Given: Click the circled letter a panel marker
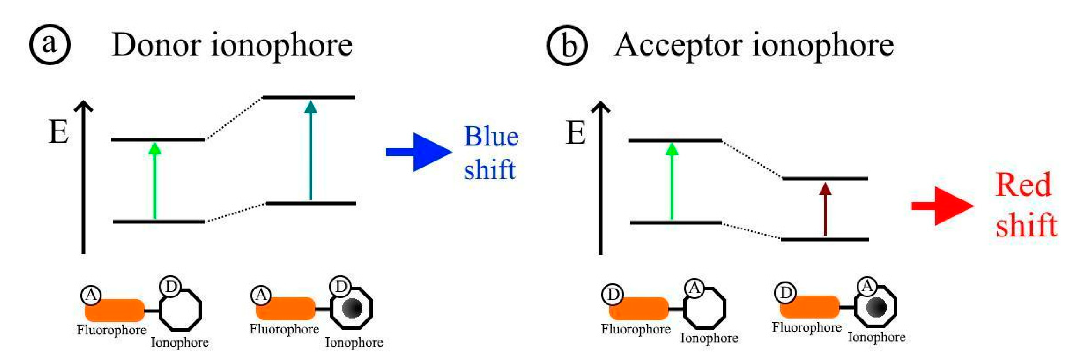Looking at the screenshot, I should [x=50, y=44].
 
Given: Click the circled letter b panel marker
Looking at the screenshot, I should [x=566, y=45].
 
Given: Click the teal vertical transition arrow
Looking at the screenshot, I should [x=310, y=150].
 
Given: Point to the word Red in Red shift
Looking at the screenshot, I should [x=1023, y=185].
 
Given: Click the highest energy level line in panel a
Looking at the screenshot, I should [x=309, y=97].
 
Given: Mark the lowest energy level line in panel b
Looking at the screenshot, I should [x=825, y=239].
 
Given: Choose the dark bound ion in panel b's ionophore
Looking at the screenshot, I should [x=876, y=307].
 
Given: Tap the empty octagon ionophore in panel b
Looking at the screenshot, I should [x=705, y=310].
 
